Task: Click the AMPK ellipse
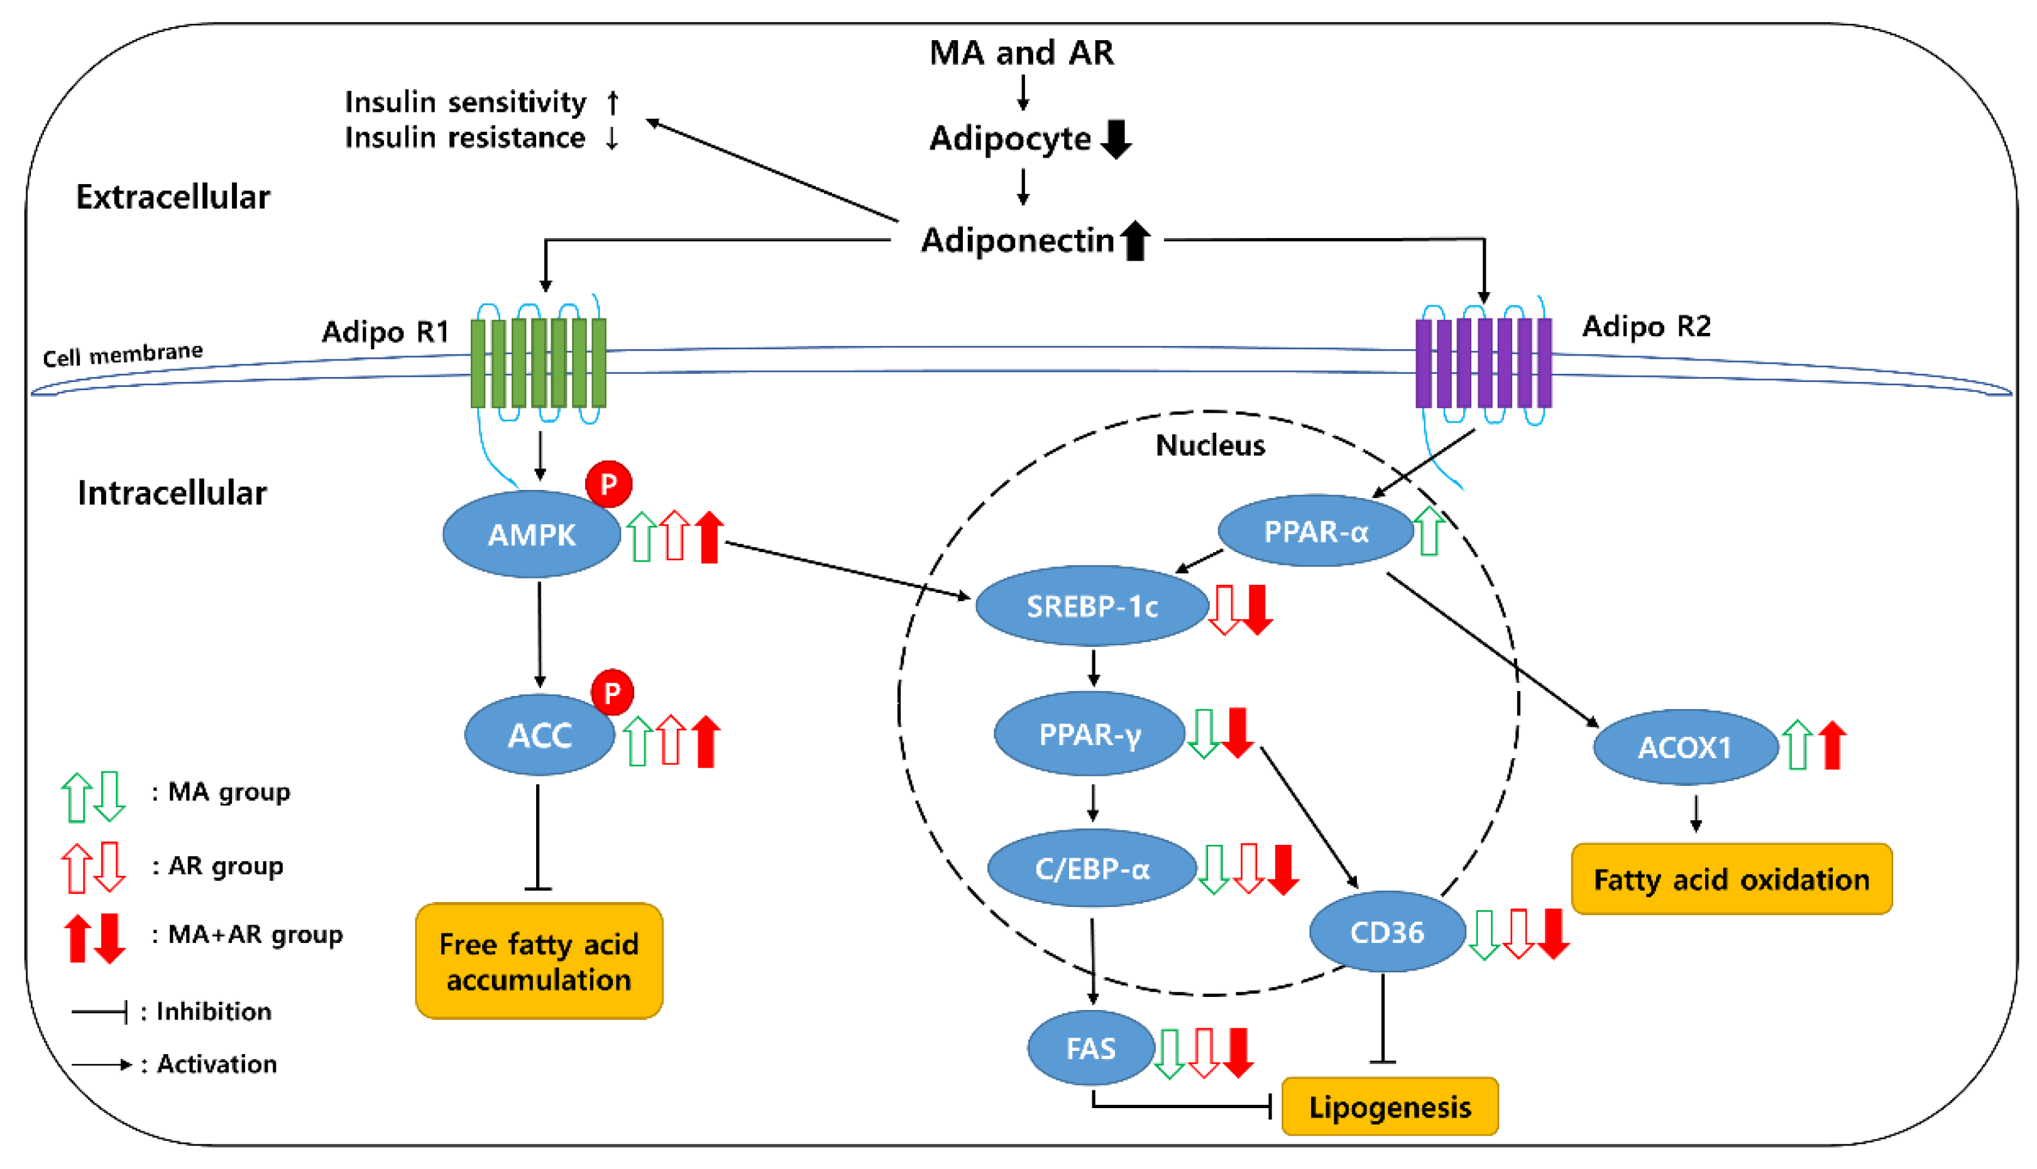(x=531, y=534)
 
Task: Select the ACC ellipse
(x=540, y=735)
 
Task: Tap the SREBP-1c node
(x=1092, y=606)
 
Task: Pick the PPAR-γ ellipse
(x=1089, y=734)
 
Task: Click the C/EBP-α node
(x=1092, y=868)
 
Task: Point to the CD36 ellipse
(x=1387, y=932)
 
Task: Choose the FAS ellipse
(x=1091, y=1048)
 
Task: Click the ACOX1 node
(x=1685, y=748)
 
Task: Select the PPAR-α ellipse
(x=1315, y=531)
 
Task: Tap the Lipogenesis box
(x=1390, y=1106)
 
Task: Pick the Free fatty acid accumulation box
(x=539, y=961)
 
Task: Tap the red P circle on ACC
(x=612, y=692)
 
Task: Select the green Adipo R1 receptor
(x=538, y=363)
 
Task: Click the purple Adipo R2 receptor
(x=1483, y=363)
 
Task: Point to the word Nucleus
(x=1210, y=445)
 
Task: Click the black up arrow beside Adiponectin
(x=1135, y=240)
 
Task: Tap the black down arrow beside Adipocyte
(x=1116, y=139)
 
